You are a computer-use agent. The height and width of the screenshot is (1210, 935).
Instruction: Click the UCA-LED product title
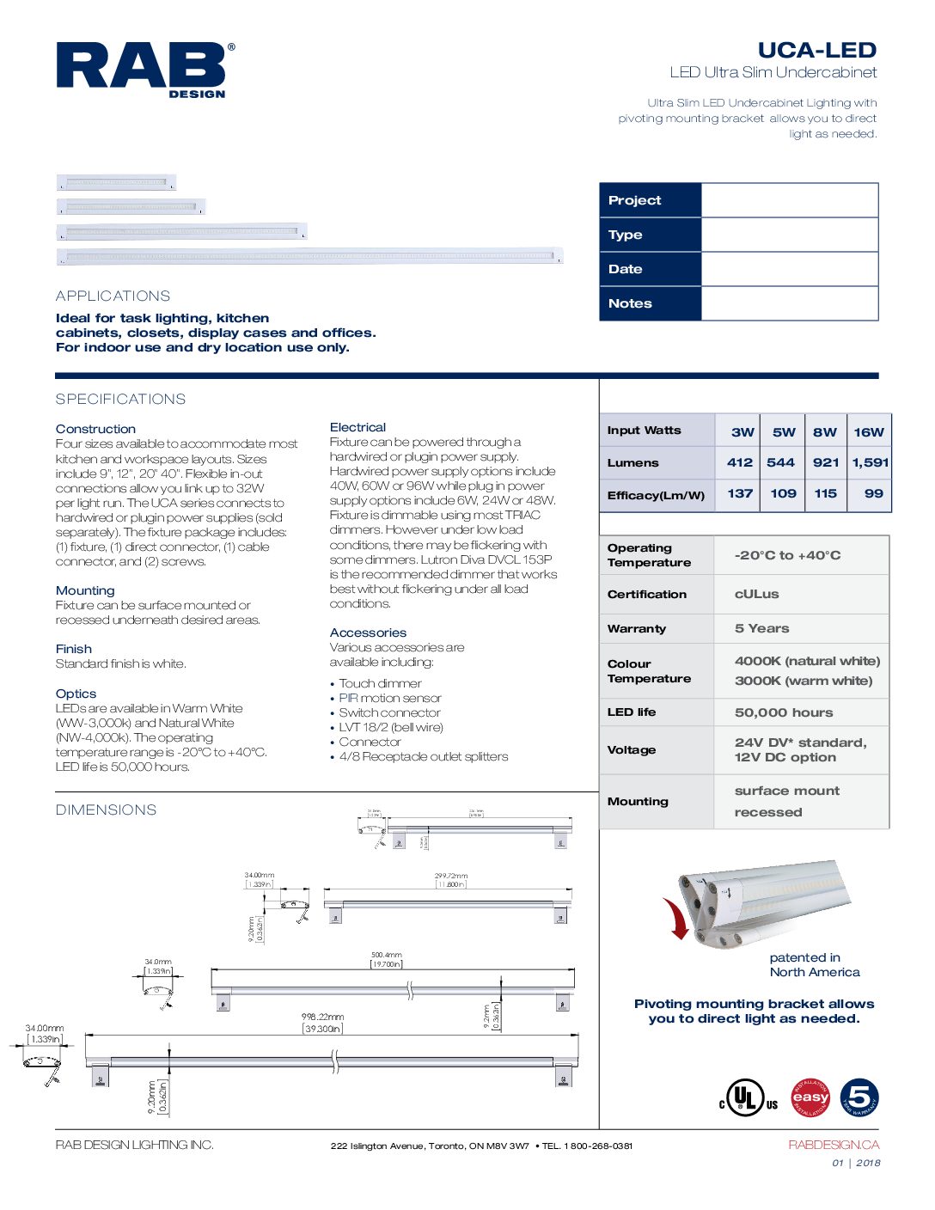pyautogui.click(x=816, y=50)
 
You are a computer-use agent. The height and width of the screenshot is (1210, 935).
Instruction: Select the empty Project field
pyautogui.click(x=789, y=200)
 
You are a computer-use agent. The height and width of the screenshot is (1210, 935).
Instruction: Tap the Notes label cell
pyautogui.click(x=651, y=303)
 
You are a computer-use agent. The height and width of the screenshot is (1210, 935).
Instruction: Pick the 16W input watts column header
pyautogui.click(x=868, y=431)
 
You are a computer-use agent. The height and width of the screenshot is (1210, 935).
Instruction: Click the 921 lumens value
pyautogui.click(x=825, y=462)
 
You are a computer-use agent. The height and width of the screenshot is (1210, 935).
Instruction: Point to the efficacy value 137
pyautogui.click(x=739, y=493)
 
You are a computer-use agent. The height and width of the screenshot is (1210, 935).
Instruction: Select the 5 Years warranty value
pyautogui.click(x=761, y=628)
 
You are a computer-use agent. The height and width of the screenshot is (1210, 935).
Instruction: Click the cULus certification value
pyautogui.click(x=756, y=594)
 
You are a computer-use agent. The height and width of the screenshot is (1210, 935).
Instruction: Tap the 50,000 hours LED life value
pyautogui.click(x=783, y=712)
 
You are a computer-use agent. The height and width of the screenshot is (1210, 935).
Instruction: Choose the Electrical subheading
pyautogui.click(x=357, y=427)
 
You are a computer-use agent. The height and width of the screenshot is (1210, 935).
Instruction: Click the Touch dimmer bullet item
pyautogui.click(x=380, y=683)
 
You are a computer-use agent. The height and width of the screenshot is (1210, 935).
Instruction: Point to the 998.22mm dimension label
pyautogui.click(x=322, y=1017)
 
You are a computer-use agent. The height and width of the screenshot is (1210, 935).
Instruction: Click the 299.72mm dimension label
pyautogui.click(x=450, y=876)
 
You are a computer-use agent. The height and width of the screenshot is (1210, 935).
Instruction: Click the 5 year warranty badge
pyautogui.click(x=859, y=1097)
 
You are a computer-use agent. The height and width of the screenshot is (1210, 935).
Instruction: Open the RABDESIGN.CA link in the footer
pyautogui.click(x=833, y=1145)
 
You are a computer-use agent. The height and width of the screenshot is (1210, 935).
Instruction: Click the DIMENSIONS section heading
pyautogui.click(x=106, y=810)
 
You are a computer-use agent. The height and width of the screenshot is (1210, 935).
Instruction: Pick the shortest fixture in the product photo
pyautogui.click(x=116, y=182)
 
